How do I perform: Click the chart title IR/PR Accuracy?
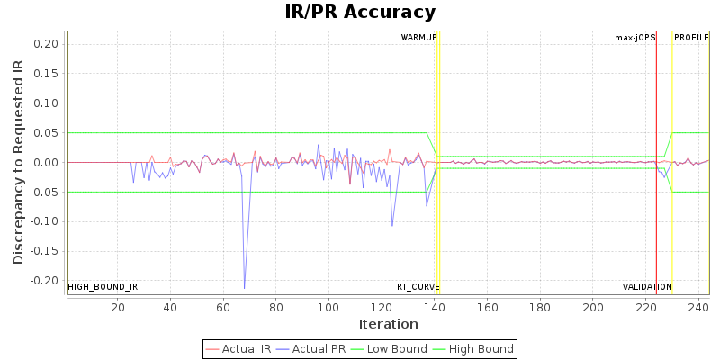click(x=360, y=13)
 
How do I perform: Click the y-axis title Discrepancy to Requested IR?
click(x=19, y=163)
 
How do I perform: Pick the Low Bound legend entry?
click(x=393, y=349)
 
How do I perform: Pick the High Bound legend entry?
click(x=473, y=349)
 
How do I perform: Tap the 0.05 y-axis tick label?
click(x=47, y=133)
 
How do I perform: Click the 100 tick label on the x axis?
click(x=328, y=307)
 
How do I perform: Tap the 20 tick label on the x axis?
click(x=118, y=307)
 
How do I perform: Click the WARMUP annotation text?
click(x=418, y=38)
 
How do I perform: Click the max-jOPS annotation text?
click(x=634, y=38)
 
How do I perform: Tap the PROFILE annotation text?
click(x=692, y=38)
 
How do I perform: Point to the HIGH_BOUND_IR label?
click(x=103, y=287)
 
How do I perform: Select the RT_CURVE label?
click(x=418, y=287)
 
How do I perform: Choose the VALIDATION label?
click(x=647, y=287)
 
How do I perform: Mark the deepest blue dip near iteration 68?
click(x=245, y=288)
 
